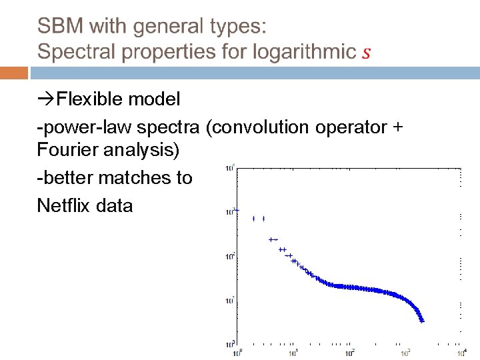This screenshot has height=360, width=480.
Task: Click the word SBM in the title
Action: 60,27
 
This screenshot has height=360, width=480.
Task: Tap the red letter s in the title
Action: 365,52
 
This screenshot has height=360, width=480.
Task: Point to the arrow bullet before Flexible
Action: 46,100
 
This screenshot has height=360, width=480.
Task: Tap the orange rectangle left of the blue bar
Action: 14,73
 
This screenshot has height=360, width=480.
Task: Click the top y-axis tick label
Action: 230,168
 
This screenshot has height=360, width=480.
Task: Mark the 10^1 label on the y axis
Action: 230,300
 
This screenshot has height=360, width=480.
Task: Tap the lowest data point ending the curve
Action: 422,321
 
